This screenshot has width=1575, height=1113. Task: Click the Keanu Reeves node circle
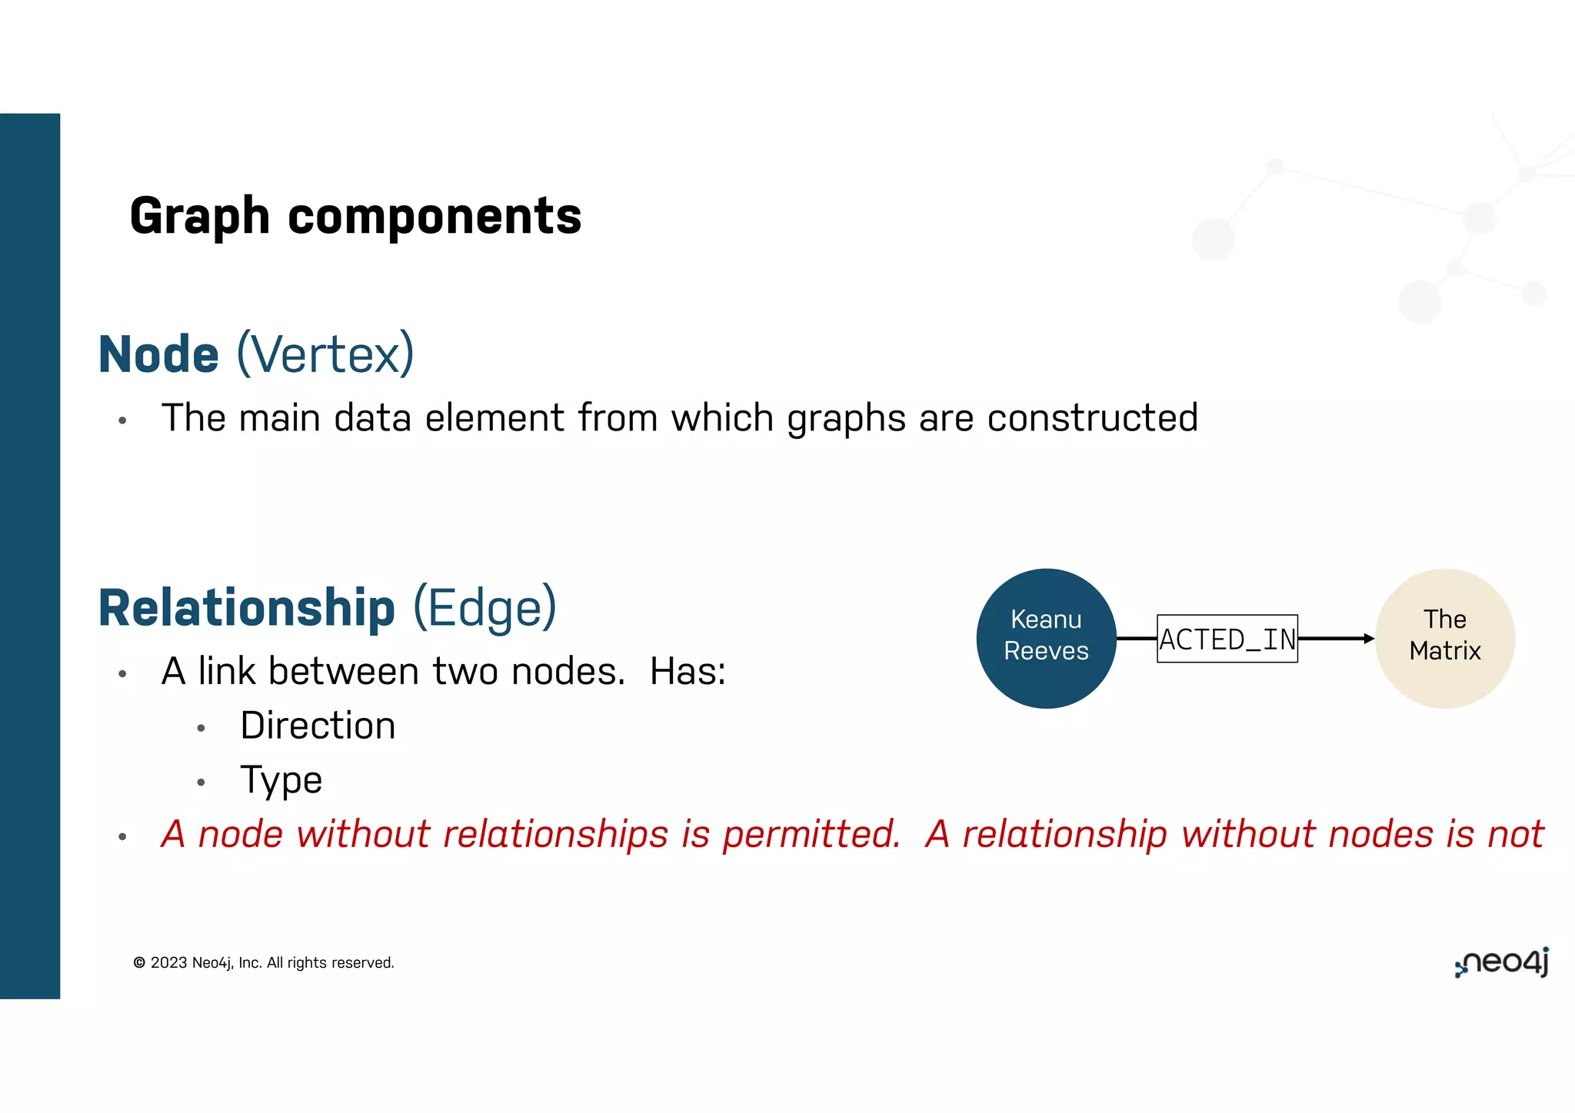[x=1046, y=638]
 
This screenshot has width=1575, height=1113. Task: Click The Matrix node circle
[x=1444, y=638]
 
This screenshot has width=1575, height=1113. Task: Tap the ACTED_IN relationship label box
[x=1227, y=639]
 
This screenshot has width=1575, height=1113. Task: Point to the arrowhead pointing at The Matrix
[x=1369, y=638]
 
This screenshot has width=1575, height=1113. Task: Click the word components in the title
[x=435, y=217]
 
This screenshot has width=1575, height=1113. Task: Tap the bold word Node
[x=159, y=354]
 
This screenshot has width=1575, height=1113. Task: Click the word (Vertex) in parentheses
[x=325, y=354]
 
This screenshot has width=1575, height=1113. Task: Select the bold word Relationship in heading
[x=247, y=608]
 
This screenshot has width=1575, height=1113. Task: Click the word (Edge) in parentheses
[x=484, y=608]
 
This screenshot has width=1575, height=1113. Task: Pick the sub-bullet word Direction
[x=318, y=726]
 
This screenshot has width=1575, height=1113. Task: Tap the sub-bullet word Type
[x=281, y=781]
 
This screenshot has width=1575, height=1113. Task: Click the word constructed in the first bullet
[x=1092, y=418]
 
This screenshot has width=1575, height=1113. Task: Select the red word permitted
[x=811, y=835]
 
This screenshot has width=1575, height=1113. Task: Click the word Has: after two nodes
[x=688, y=672]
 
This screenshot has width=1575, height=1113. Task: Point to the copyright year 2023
[x=169, y=963]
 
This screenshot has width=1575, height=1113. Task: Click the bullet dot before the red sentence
[x=122, y=837]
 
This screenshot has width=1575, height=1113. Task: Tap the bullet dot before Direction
[x=201, y=728]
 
